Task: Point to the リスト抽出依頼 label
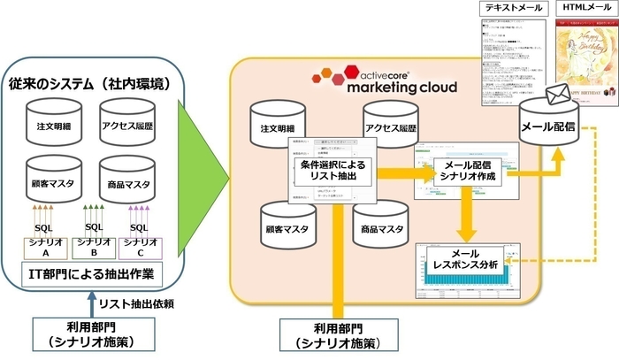coord(135,303)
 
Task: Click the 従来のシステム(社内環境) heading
coord(93,86)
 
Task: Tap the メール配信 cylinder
coord(549,126)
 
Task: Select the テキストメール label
coord(512,8)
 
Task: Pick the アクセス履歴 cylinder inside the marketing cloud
coord(389,128)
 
